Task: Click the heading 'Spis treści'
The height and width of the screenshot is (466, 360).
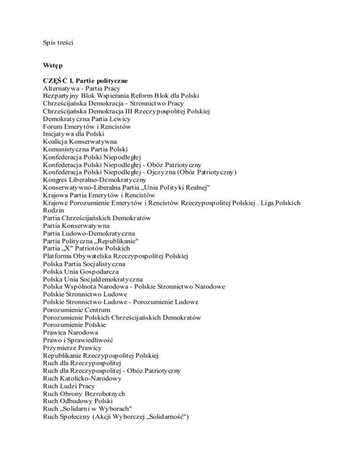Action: [x=58, y=42]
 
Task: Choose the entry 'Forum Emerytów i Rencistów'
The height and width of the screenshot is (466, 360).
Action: [x=86, y=126]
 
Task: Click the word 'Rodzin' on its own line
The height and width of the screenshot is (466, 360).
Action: [x=53, y=210]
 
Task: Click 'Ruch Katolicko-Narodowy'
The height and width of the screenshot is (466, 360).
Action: [x=82, y=378]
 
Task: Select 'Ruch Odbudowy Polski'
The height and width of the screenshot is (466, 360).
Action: [x=75, y=401]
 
